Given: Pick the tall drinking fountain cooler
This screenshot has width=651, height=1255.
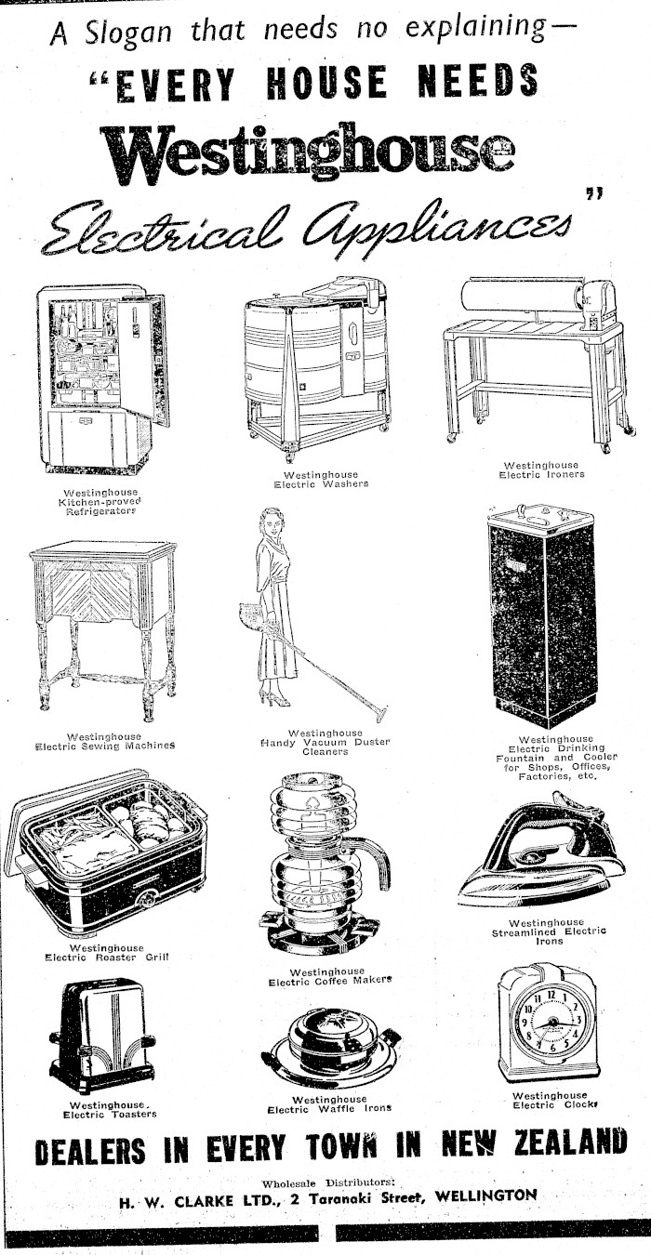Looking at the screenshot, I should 542,614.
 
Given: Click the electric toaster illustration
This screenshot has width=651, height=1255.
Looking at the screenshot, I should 102,1037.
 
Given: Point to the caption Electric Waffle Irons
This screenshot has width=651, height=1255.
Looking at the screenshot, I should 330,1109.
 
